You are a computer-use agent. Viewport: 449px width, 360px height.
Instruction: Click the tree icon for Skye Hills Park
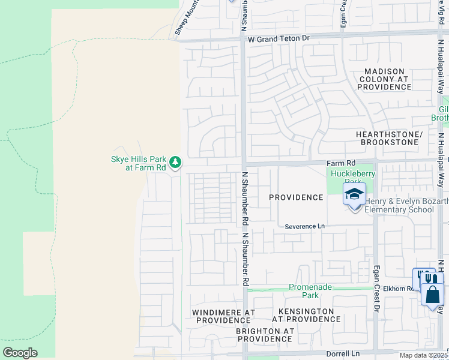(x=175, y=161)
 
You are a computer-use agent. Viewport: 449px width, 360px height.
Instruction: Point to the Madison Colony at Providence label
(x=385, y=79)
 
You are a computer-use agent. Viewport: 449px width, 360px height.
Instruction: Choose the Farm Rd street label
(x=341, y=163)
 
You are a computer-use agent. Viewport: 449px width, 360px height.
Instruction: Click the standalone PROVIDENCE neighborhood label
(x=296, y=197)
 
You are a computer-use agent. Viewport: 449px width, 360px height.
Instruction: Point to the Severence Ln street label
(x=304, y=226)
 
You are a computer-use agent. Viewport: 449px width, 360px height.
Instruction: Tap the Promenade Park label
(x=310, y=291)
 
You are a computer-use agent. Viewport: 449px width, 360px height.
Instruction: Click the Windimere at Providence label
(x=223, y=316)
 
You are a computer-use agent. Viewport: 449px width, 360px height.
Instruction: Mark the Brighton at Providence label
(x=265, y=335)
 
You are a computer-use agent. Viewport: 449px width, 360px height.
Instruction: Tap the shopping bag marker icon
(x=432, y=295)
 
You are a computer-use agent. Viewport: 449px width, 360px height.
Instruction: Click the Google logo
(x=20, y=353)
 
